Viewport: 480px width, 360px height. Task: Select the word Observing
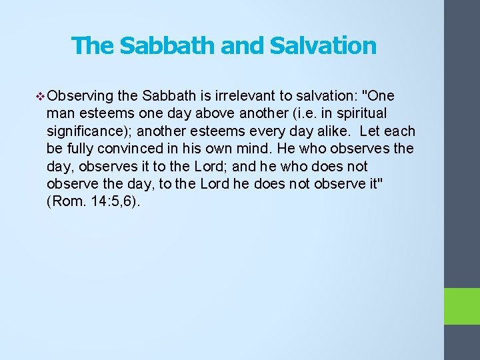click(79, 97)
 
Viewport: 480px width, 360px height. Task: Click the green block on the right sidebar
click(462, 306)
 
